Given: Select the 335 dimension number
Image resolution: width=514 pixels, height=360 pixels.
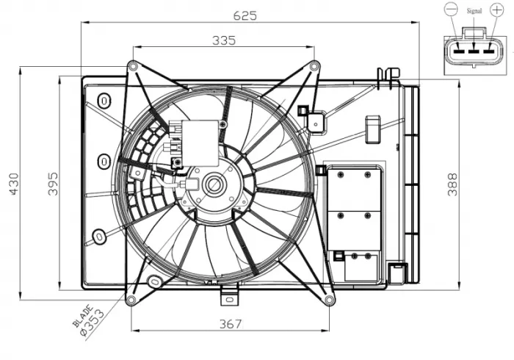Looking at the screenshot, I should coord(223,41).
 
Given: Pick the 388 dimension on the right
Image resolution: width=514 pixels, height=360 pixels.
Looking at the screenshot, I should coord(452,184).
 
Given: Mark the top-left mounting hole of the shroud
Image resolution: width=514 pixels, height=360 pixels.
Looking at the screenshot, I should coord(132,66).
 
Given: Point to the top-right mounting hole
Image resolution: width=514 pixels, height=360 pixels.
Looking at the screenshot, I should coord(315,66).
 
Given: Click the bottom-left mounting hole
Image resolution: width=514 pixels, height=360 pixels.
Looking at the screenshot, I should coord(131,300).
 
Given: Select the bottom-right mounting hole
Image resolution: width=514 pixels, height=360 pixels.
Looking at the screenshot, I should coord(329,299).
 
